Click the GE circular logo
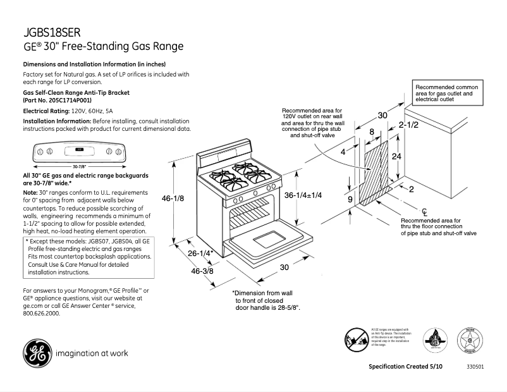pyautogui.click(x=37, y=353)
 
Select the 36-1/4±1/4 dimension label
pyautogui.click(x=303, y=195)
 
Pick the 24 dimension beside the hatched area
pyautogui.click(x=396, y=156)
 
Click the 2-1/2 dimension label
pyautogui.click(x=408, y=125)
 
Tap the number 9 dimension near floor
pyautogui.click(x=350, y=199)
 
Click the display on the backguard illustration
pyautogui.click(x=79, y=151)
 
